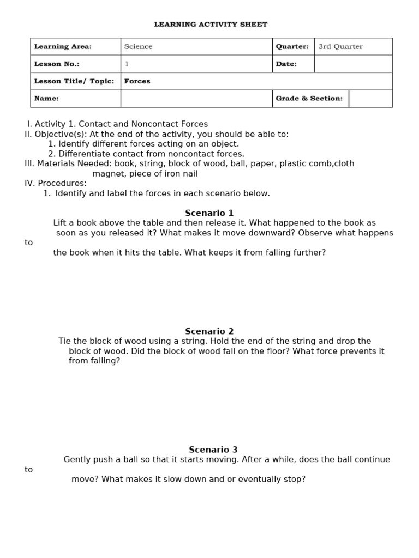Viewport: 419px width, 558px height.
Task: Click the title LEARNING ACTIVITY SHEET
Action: [211, 25]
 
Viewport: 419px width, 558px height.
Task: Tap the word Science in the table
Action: [138, 47]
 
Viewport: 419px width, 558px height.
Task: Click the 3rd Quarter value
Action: [340, 47]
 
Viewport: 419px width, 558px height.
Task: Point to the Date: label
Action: [286, 64]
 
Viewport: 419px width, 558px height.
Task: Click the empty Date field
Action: [353, 64]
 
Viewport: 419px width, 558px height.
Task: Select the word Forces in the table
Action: [137, 81]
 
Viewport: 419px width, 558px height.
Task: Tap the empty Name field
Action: [196, 99]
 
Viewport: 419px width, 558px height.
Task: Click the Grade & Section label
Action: [309, 99]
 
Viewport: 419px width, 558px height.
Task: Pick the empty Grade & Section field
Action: [370, 99]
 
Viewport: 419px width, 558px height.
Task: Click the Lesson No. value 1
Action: [127, 64]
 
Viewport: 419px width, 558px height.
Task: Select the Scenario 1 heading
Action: [209, 213]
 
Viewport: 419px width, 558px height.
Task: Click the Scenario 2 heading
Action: [209, 331]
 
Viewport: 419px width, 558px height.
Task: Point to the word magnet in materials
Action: [107, 174]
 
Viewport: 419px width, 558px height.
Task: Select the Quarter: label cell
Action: [292, 47]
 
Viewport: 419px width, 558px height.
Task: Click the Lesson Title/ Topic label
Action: [74, 81]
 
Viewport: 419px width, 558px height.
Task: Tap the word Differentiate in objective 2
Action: [83, 154]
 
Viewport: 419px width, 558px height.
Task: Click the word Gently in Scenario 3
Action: [77, 459]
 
